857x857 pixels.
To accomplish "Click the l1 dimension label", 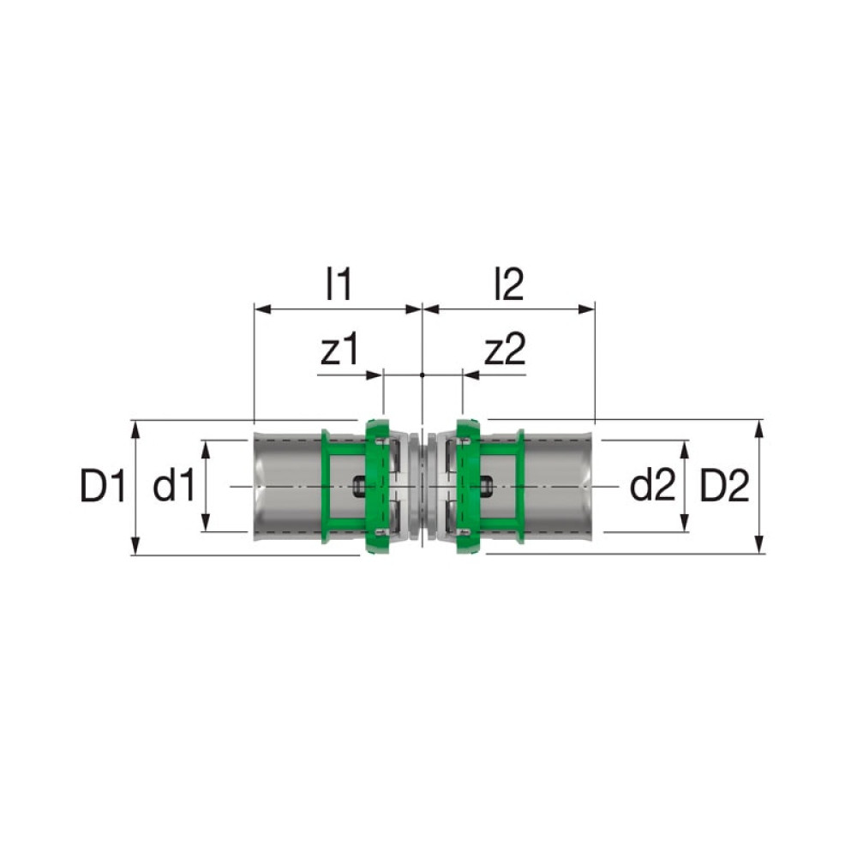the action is (x=339, y=285).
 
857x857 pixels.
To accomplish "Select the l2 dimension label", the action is (x=509, y=285).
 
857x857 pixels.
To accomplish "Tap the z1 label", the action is (x=339, y=350).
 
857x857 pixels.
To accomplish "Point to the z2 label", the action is (x=505, y=350).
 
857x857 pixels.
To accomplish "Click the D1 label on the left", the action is (x=104, y=487).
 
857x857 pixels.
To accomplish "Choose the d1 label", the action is (x=173, y=487).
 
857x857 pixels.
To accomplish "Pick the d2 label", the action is (x=652, y=487).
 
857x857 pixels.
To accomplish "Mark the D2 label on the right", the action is (x=724, y=487).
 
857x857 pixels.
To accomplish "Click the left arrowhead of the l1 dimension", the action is (x=263, y=309).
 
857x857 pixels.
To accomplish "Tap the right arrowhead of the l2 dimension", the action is (x=586, y=309).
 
